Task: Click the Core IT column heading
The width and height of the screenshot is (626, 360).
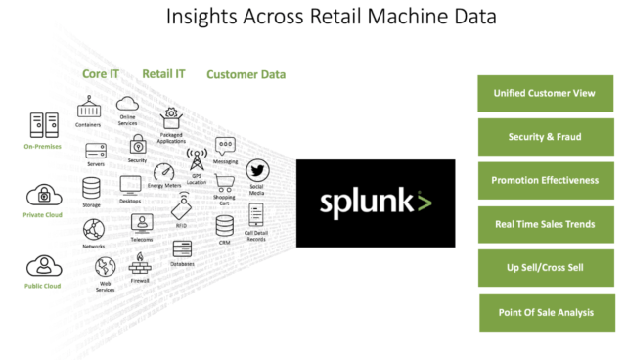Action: click(x=99, y=72)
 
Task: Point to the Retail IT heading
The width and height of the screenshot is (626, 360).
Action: click(x=163, y=72)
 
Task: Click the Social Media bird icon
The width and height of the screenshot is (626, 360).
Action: click(x=257, y=170)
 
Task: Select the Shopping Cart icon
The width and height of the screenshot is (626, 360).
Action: click(x=225, y=184)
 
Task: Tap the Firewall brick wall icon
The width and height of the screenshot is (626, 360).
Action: click(x=138, y=260)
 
